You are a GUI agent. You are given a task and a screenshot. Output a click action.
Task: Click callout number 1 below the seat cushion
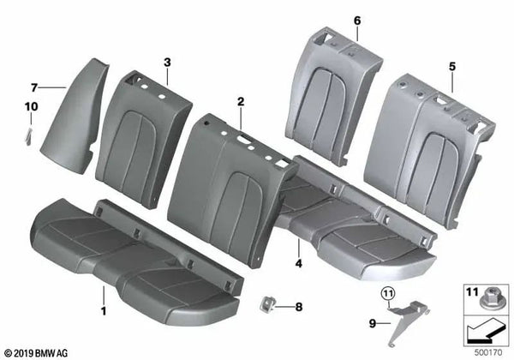(104, 310)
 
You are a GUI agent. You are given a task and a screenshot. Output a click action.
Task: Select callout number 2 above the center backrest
(242, 102)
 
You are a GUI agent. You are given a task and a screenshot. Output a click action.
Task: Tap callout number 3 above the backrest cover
(168, 63)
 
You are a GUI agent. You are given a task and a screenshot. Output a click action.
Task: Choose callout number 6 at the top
(333, 20)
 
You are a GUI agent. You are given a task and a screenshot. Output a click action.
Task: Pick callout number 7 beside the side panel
(34, 87)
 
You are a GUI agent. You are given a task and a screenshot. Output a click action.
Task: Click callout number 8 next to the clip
(299, 305)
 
